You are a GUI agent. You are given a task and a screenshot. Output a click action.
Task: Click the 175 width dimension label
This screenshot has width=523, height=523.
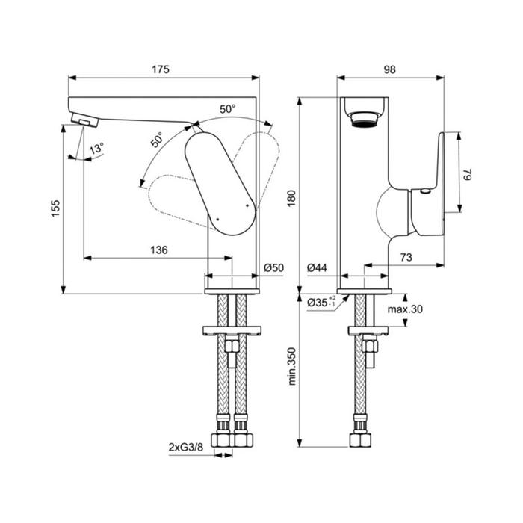click(x=161, y=69)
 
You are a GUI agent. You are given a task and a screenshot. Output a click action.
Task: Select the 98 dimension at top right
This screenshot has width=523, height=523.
click(x=389, y=69)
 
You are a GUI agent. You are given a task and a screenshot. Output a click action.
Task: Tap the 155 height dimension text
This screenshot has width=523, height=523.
click(x=55, y=208)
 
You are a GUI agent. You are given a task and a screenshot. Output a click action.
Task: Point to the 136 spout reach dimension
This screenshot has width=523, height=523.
click(x=159, y=250)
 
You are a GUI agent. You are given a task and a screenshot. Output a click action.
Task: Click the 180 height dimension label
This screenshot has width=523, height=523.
click(x=291, y=198)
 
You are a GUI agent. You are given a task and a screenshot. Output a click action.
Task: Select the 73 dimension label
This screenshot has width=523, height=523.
click(x=406, y=257)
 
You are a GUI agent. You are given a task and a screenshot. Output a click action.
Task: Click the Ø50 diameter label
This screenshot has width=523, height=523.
click(x=274, y=267)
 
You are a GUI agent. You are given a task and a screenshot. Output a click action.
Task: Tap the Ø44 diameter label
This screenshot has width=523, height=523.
click(x=318, y=267)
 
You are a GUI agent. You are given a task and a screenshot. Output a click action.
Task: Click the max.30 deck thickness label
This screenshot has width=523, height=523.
click(x=405, y=309)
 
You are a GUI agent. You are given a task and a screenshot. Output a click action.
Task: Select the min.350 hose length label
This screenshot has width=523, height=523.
click(x=292, y=366)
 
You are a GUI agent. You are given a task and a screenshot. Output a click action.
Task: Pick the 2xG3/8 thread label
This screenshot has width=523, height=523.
click(x=186, y=447)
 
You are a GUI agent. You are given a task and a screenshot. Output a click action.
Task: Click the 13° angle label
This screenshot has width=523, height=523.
click(x=97, y=149)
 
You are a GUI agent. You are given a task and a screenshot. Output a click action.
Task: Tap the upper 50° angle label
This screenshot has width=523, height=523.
click(x=227, y=109)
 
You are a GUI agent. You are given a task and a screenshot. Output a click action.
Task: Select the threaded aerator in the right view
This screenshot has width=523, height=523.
click(x=365, y=119)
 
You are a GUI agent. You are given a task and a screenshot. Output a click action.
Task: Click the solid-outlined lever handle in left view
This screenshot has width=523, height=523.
click(x=220, y=184)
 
